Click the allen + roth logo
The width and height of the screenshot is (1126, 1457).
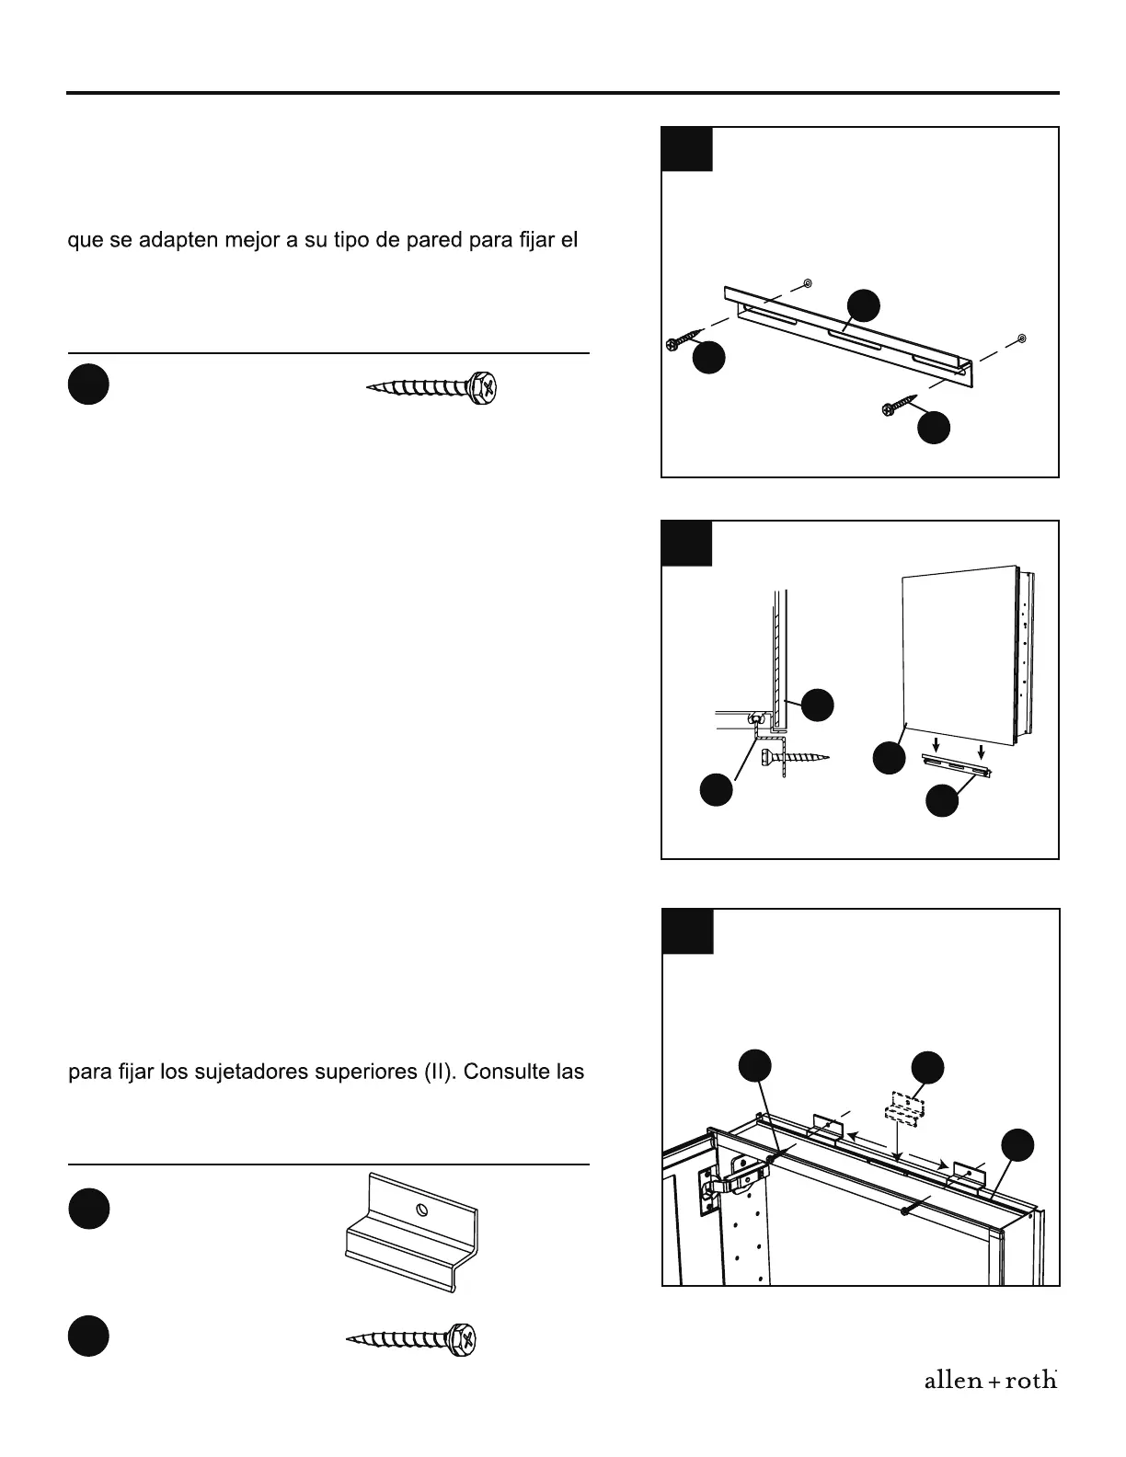click(990, 1380)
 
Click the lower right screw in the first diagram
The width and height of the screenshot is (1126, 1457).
click(900, 405)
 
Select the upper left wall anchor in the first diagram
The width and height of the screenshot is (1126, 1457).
click(807, 281)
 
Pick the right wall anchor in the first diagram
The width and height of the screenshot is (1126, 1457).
click(1022, 339)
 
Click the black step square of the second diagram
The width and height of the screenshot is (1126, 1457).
click(686, 543)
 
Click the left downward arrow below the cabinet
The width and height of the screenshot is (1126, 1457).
click(935, 741)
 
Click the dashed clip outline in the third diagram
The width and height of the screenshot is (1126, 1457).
click(904, 1107)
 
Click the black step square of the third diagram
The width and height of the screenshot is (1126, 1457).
click(687, 931)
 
